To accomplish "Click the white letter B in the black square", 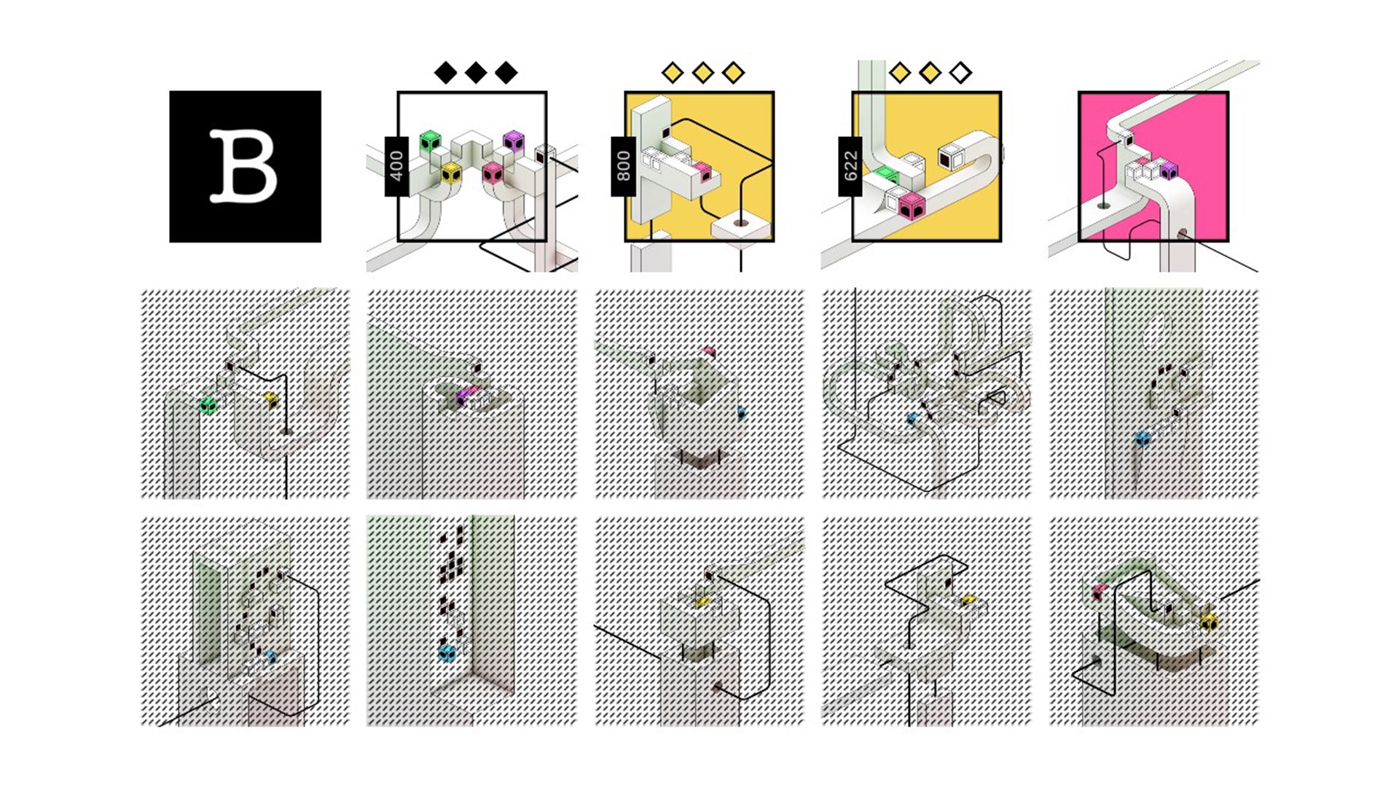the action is (244, 166).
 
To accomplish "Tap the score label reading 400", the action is (396, 166).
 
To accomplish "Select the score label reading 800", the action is (623, 166).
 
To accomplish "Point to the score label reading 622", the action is (850, 166).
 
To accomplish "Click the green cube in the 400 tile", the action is (431, 141).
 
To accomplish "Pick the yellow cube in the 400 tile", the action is (451, 173).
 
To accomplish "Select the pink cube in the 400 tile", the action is (493, 173).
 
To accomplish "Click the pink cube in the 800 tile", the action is (702, 172).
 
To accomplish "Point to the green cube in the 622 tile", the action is (887, 174).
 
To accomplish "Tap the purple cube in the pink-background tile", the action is (1168, 171).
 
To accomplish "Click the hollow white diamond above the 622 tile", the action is (960, 73).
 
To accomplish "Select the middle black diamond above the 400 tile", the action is (476, 73).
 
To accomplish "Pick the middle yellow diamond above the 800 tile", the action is (702, 73).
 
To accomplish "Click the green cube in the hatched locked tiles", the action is (208, 405).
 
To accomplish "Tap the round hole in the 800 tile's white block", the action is (741, 223).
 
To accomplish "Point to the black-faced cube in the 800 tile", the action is (665, 133).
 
